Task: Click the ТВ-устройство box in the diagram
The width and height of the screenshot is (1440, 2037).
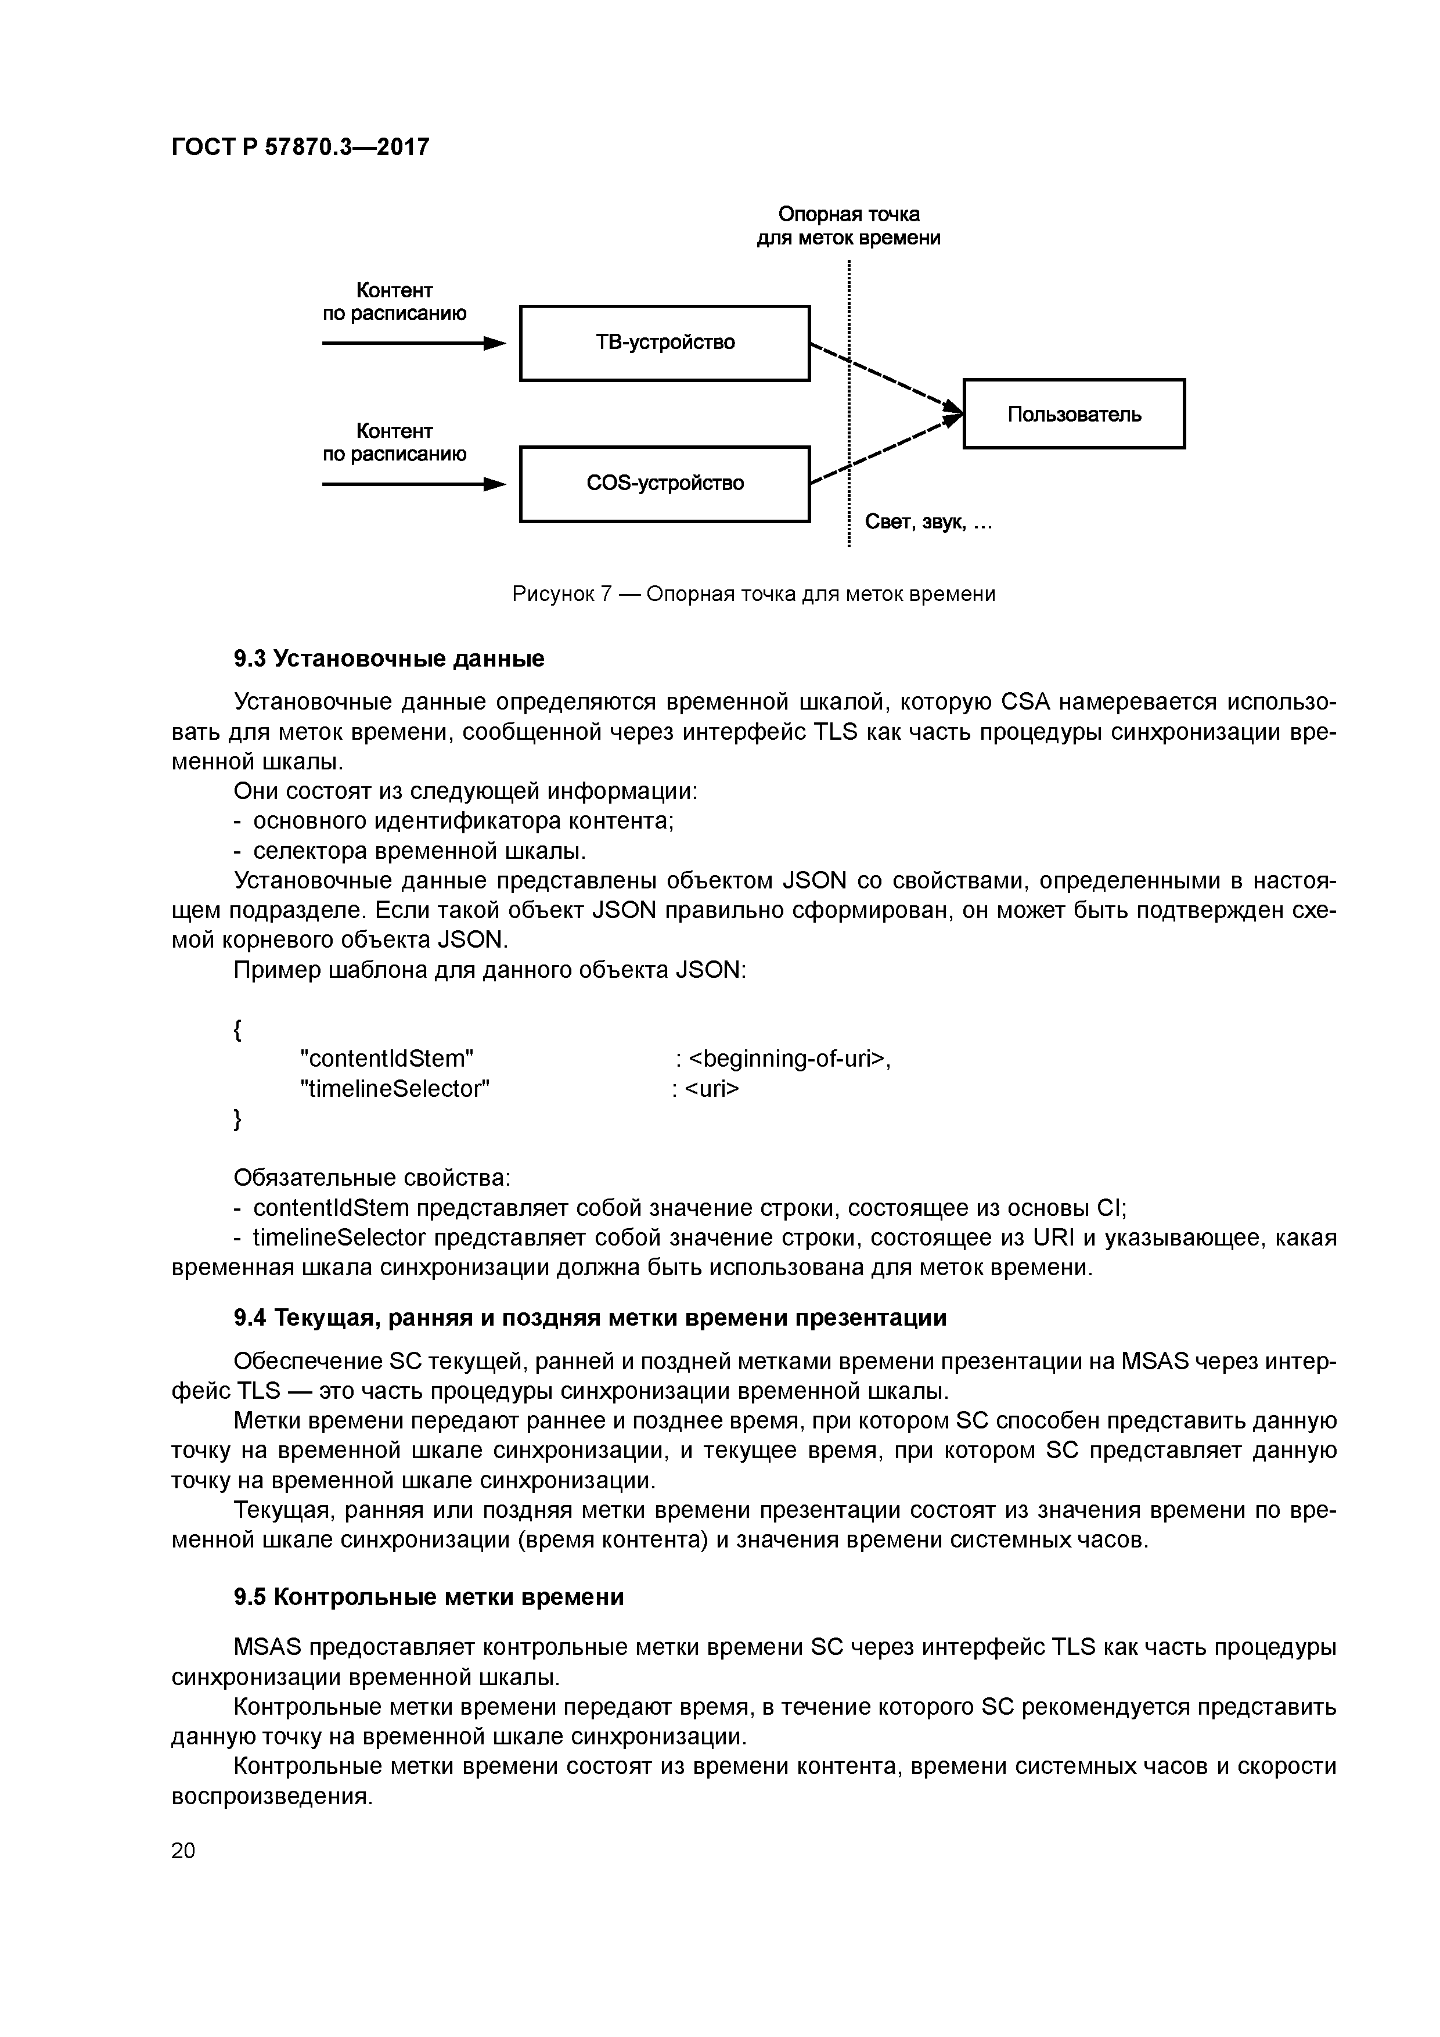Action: point(664,343)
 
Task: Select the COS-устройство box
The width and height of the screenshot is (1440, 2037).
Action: point(664,484)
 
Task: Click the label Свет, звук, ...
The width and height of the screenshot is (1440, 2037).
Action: point(927,523)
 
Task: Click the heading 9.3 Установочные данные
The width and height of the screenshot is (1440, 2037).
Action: point(388,658)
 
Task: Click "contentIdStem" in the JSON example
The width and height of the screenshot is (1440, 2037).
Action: point(388,1059)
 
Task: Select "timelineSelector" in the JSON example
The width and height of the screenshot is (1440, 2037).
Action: point(395,1089)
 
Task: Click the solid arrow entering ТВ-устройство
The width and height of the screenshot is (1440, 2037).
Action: point(413,343)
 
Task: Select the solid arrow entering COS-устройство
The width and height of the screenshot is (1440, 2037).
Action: point(413,484)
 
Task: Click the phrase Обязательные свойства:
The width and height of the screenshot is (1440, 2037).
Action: point(372,1177)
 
